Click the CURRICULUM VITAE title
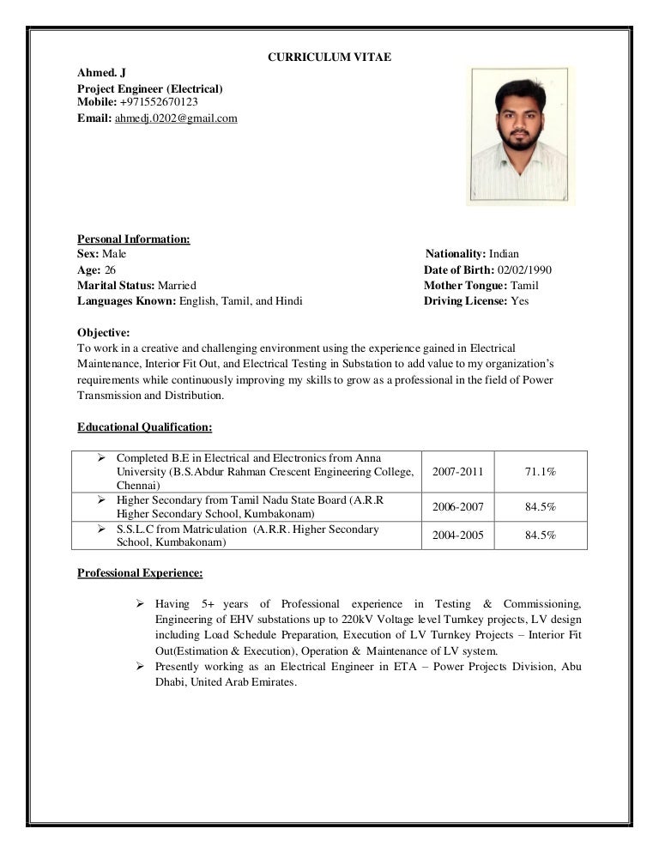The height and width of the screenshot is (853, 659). [330, 57]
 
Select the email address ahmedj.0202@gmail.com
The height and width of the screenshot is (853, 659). [176, 118]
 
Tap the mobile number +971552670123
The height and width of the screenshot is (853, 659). [159, 102]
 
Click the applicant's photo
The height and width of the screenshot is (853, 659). [521, 136]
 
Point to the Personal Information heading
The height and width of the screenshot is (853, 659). [134, 239]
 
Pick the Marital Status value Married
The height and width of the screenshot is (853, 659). [177, 285]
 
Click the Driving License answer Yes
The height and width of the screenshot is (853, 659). [520, 301]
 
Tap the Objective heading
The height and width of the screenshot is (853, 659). [104, 332]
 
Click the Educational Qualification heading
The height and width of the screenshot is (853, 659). [144, 426]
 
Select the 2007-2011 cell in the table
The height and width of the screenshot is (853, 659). [458, 472]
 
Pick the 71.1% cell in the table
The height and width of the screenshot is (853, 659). [541, 472]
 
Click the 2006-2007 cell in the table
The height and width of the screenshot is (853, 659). [458, 507]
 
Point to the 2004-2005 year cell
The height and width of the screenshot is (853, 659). [458, 535]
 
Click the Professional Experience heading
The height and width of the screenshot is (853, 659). [140, 572]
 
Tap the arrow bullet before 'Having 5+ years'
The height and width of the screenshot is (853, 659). [141, 604]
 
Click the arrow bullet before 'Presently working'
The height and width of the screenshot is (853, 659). [141, 666]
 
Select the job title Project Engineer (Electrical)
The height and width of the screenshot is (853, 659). [150, 88]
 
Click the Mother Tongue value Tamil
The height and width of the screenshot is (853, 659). [524, 285]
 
